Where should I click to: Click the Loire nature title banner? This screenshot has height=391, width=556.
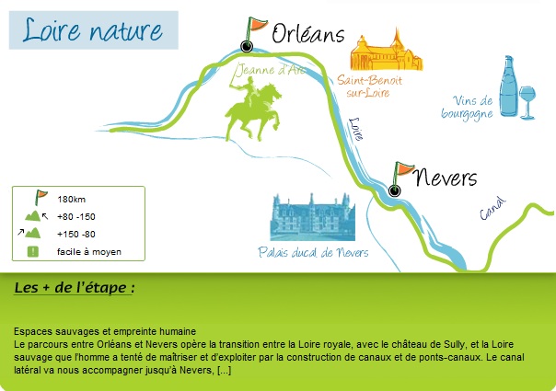(94, 30)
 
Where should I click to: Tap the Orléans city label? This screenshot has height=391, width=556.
(308, 33)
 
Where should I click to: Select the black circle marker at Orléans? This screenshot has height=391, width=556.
(247, 46)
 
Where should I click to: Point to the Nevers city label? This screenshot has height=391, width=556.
(446, 177)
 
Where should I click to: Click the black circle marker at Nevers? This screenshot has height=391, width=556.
(394, 190)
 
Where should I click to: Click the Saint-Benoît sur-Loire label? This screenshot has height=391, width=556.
(369, 86)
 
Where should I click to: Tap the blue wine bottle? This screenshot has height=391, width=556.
(509, 86)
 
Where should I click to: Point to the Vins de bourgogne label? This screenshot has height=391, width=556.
(468, 107)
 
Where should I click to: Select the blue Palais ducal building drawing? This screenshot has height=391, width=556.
(312, 217)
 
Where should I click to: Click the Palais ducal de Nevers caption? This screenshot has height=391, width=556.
(313, 252)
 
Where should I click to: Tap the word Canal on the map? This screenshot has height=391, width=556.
(492, 209)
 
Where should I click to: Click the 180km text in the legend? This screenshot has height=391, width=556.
(71, 200)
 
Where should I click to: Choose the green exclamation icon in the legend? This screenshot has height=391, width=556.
(33, 252)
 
